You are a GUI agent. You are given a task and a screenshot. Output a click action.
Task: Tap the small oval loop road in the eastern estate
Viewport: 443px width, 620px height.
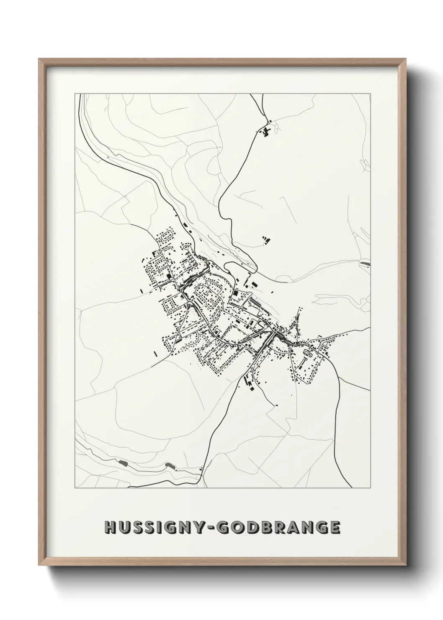[311, 354]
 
